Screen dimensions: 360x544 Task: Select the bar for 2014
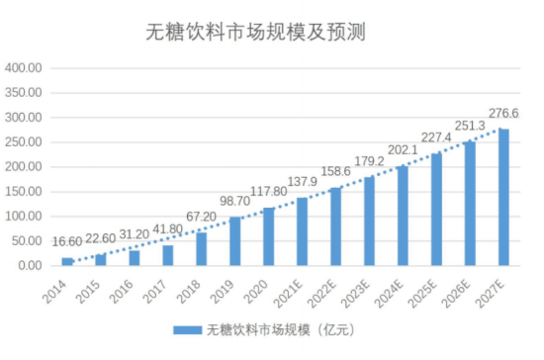(68, 261)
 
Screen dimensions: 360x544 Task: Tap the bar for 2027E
(503, 197)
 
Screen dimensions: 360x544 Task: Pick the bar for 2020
(269, 236)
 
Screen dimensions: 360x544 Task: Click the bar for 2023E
(369, 222)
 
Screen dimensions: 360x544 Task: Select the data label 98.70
(235, 201)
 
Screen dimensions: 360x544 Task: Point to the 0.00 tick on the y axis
(30, 266)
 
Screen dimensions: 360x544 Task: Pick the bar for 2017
(168, 255)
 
